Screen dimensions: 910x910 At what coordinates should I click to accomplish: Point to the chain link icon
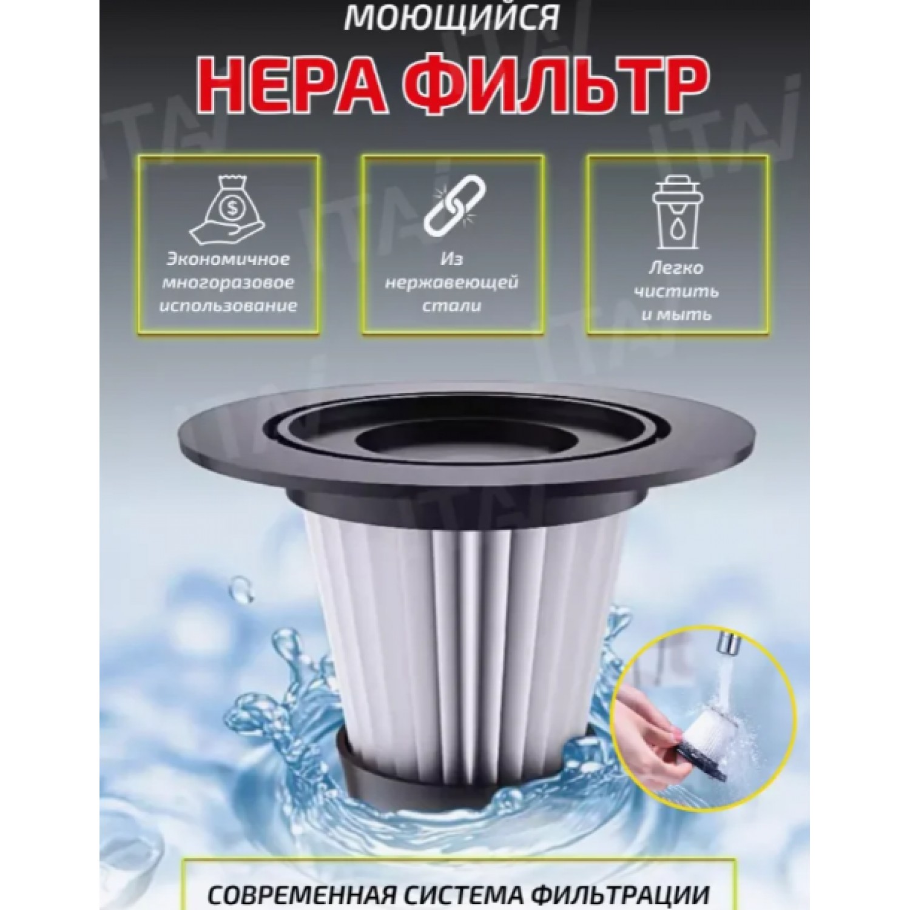pos(452,206)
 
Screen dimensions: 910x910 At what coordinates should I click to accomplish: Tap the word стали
pos(452,306)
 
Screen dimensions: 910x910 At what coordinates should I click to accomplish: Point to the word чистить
pos(677,291)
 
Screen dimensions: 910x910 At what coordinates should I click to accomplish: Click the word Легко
pos(677,268)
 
